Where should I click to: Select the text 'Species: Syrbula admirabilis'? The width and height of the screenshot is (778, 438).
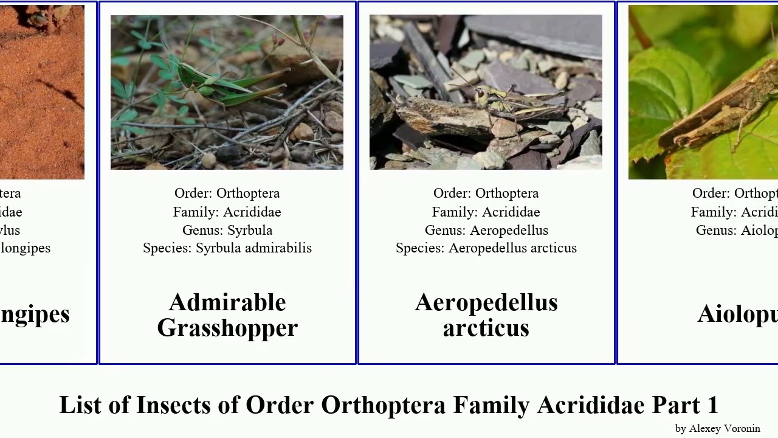227,248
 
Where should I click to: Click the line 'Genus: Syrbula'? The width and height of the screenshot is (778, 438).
227,231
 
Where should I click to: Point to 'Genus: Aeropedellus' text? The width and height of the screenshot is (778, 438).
486,231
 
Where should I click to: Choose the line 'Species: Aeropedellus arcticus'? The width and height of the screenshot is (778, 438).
486,248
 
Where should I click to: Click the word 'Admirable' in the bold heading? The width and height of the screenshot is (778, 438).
227,302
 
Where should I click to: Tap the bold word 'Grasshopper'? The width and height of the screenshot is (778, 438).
227,328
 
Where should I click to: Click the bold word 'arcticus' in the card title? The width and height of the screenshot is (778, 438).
486,328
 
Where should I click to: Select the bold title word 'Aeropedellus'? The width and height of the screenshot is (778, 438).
486,302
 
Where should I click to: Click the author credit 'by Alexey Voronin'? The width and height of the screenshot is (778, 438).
717,429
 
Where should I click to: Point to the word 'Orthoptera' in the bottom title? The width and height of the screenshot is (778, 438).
384,405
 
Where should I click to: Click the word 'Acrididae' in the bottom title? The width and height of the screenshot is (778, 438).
591,405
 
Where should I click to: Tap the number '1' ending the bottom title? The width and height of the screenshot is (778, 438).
712,405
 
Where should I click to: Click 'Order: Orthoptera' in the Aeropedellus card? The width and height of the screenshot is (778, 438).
486,193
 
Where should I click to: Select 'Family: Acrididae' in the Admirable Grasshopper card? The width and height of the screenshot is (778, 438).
227,212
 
